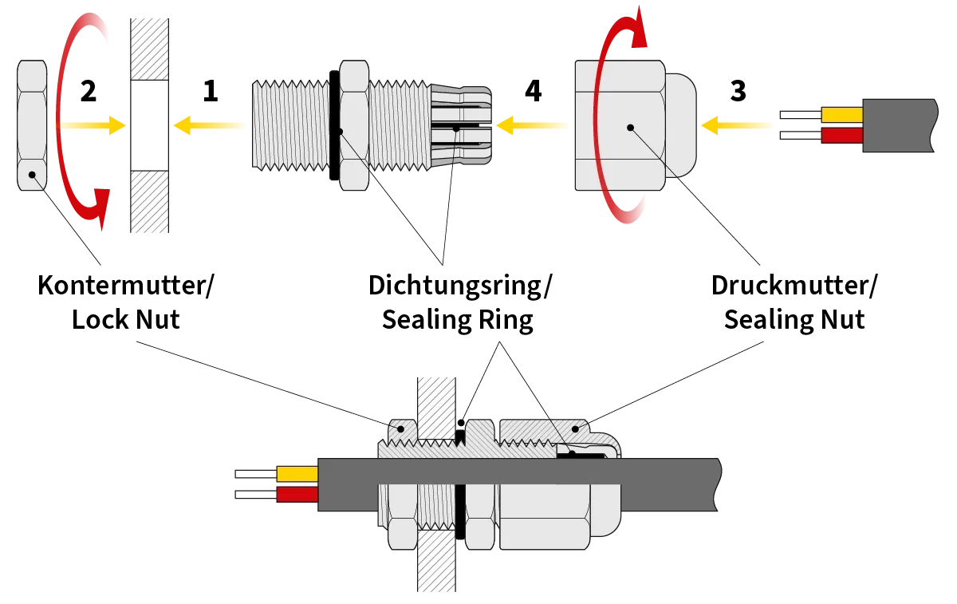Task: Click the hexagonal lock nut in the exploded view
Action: (x=32, y=124)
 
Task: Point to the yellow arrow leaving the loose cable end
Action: (x=738, y=125)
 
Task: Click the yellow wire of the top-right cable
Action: (x=841, y=115)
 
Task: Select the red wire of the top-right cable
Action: (x=841, y=136)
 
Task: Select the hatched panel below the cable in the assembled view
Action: (x=437, y=563)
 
